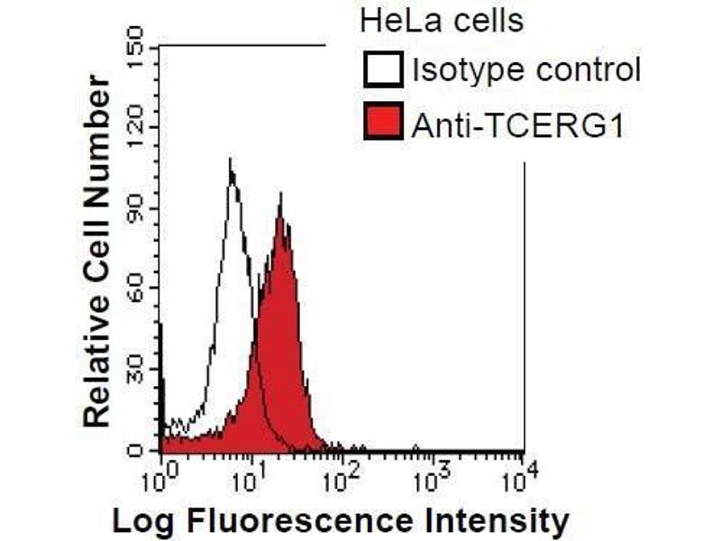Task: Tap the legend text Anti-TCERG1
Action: pos(517,124)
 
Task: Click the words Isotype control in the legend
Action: pos(525,70)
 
